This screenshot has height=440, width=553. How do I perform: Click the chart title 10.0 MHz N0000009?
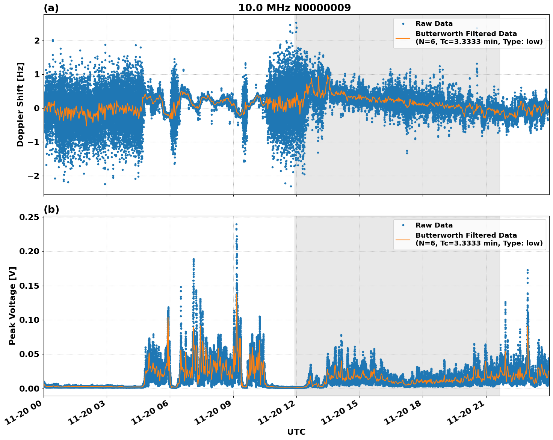pyautogui.click(x=295, y=8)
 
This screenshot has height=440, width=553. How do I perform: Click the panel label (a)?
pyautogui.click(x=51, y=8)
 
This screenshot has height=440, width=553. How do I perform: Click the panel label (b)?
pyautogui.click(x=51, y=209)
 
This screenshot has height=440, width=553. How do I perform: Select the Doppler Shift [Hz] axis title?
pyautogui.click(x=20, y=104)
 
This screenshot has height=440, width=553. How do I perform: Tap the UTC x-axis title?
pyautogui.click(x=296, y=432)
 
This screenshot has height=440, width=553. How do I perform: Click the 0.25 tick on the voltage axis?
pyautogui.click(x=30, y=217)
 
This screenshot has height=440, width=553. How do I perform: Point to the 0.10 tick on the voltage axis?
pyautogui.click(x=30, y=320)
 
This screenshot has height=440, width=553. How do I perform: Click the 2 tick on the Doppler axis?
pyautogui.click(x=37, y=41)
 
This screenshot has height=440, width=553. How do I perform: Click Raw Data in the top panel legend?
pyautogui.click(x=434, y=24)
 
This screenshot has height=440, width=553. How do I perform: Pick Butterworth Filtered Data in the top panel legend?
pyautogui.click(x=466, y=34)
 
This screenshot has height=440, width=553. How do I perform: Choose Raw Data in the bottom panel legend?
pyautogui.click(x=434, y=225)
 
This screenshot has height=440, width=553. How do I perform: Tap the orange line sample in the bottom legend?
pyautogui.click(x=403, y=239)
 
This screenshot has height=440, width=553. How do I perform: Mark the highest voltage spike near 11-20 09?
pyautogui.click(x=236, y=225)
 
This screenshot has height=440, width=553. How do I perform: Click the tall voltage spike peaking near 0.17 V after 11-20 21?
pyautogui.click(x=527, y=270)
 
